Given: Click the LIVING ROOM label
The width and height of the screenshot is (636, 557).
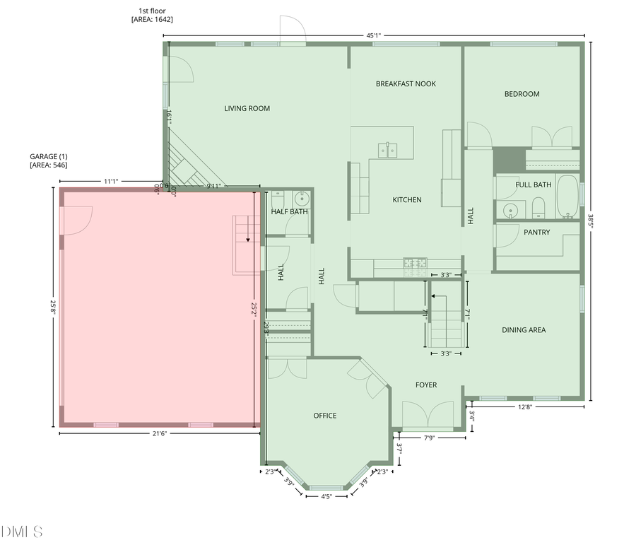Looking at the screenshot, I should [x=247, y=108].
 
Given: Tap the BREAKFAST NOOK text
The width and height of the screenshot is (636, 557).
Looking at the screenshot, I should [x=406, y=83].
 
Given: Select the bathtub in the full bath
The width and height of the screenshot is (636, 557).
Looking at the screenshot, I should [x=567, y=196].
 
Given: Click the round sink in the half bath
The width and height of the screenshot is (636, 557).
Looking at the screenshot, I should [x=302, y=198].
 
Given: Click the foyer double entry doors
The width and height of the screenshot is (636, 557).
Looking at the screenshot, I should [x=428, y=415].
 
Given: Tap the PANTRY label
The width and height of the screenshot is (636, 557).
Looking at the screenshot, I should [x=536, y=232].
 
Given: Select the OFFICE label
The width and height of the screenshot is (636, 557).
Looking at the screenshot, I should [x=324, y=416].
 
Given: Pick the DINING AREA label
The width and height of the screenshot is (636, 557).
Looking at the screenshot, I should [x=523, y=329].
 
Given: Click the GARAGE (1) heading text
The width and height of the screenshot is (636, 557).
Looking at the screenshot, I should [x=48, y=156].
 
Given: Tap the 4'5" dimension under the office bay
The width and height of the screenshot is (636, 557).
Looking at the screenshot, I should [x=326, y=496].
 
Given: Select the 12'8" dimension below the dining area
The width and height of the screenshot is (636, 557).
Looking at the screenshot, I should [x=524, y=406].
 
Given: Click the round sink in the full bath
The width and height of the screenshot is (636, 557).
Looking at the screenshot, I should [x=510, y=209].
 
